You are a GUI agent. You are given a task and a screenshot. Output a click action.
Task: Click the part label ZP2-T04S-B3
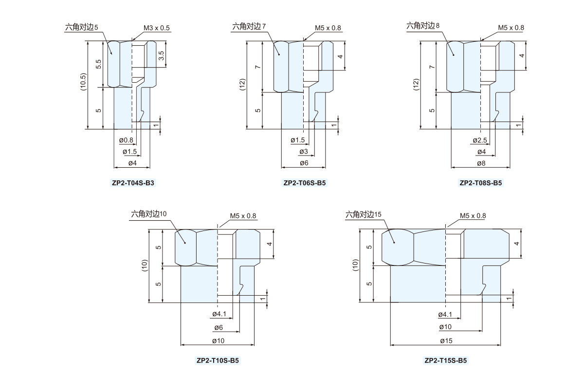pos(133,183)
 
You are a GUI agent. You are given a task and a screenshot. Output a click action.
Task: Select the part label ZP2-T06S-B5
pos(305,183)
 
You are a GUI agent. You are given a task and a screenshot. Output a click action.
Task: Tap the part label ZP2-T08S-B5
pos(480,183)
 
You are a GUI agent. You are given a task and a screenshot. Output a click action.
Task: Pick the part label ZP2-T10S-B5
pos(218,360)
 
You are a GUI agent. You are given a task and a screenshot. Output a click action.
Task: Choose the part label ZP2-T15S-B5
pos(446,360)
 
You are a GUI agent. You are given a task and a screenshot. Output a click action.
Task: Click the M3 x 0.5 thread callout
pos(156,28)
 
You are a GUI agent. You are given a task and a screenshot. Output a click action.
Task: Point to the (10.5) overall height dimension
pos(83,82)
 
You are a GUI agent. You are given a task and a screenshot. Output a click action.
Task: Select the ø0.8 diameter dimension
pos(126,140)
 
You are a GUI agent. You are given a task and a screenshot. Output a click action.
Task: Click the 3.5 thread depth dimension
pos(161,55)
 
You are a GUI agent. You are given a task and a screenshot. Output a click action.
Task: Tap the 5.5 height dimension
pos(98,64)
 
